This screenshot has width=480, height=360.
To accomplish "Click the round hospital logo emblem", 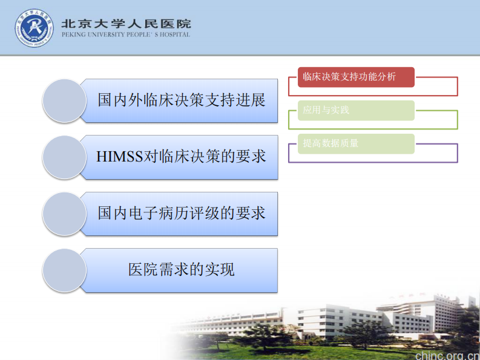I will coord(34,28).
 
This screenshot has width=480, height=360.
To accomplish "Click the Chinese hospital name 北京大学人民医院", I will coord(127,24).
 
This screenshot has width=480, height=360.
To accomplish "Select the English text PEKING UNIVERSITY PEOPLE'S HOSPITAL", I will coord(126,34).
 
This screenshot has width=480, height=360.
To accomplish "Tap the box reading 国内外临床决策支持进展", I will coord(182,100).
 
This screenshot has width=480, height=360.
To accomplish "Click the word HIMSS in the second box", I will coord(119,157).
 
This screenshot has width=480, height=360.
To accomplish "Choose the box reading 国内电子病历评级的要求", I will coord(182,214).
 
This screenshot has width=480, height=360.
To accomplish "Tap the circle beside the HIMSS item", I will coord(64,157).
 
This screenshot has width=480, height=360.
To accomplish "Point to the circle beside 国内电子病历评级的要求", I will coord(64,214).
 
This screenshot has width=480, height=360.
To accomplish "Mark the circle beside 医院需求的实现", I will coord(64,270).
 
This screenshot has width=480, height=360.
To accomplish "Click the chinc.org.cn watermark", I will coord(447,354).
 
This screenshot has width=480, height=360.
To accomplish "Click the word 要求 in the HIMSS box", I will coord(251,157).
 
